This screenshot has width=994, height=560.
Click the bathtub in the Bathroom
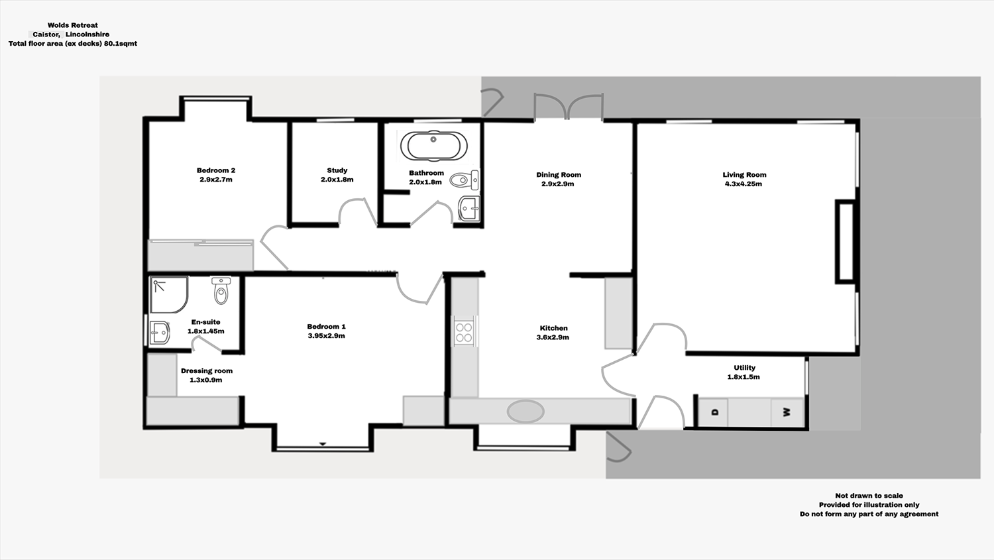[x=433, y=146]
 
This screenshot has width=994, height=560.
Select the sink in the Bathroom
[x=469, y=208]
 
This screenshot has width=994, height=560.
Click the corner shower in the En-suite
[x=168, y=295]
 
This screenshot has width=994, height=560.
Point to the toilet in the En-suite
[x=221, y=291]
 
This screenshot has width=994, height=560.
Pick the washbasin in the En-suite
[x=159, y=333]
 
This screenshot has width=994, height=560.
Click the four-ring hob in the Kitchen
[x=464, y=333]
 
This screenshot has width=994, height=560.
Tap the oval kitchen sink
[x=525, y=411]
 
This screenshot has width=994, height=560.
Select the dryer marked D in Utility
[x=714, y=412]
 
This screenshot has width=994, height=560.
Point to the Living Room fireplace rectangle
[x=846, y=242]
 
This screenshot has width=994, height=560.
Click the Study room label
[x=337, y=170]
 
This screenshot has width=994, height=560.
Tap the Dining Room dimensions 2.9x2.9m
[x=558, y=184]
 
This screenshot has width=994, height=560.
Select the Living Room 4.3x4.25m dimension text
[x=744, y=184]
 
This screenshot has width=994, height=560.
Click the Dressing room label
[x=207, y=371]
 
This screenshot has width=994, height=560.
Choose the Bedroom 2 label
[x=216, y=170]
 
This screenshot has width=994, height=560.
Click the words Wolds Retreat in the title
[x=73, y=25]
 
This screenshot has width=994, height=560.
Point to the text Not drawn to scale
[x=869, y=496]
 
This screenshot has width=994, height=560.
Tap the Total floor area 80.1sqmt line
[x=73, y=44]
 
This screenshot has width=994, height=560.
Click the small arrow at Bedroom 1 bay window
[x=323, y=444]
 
